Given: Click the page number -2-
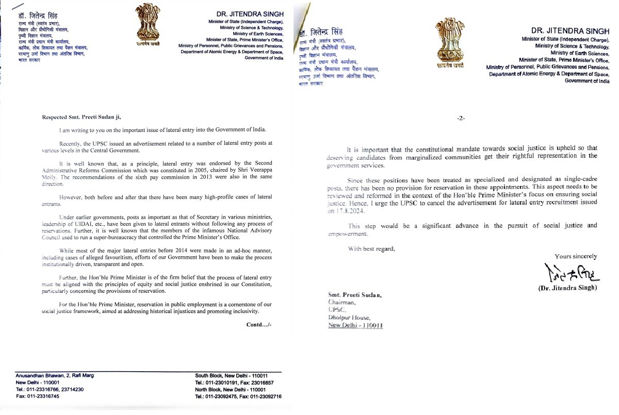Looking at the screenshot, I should pyautogui.click(x=461, y=118).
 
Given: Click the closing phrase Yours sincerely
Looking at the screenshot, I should pyautogui.click(x=576, y=256).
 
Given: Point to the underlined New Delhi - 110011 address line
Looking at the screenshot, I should pyautogui.click(x=355, y=326).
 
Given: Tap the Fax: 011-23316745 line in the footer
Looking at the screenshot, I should pyautogui.click(x=37, y=396).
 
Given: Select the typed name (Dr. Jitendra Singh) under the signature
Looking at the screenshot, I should pyautogui.click(x=567, y=288).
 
